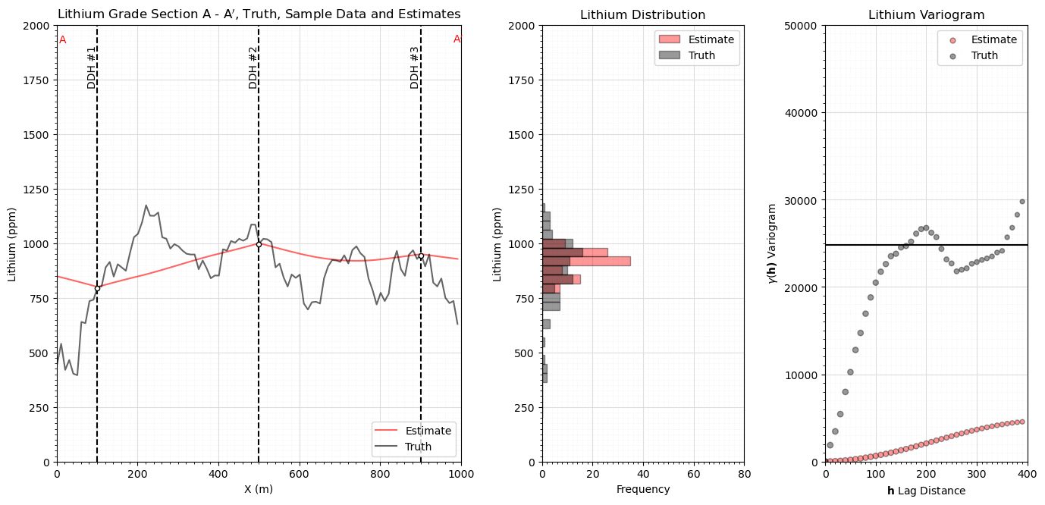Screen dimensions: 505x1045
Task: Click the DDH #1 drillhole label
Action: (x=92, y=67)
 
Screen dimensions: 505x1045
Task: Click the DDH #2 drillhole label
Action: (x=253, y=67)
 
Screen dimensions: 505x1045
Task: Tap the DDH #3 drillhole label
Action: (x=415, y=67)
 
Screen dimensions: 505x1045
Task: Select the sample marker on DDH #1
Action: (x=97, y=288)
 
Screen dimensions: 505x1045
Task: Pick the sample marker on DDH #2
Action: (x=259, y=244)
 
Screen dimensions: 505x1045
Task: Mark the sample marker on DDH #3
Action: (x=421, y=256)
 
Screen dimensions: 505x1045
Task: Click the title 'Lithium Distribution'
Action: (x=642, y=15)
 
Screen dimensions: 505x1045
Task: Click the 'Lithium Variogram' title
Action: (x=926, y=15)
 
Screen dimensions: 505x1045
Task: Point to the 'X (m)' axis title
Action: (x=259, y=489)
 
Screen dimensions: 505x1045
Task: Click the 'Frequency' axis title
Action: (x=642, y=489)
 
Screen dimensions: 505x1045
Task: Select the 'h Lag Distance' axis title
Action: (x=926, y=491)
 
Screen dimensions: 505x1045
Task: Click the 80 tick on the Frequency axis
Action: (x=744, y=475)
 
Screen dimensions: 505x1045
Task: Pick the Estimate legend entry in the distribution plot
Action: (x=711, y=39)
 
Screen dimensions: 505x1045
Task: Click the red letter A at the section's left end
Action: (x=63, y=39)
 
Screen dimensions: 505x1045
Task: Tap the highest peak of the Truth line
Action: (x=146, y=205)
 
